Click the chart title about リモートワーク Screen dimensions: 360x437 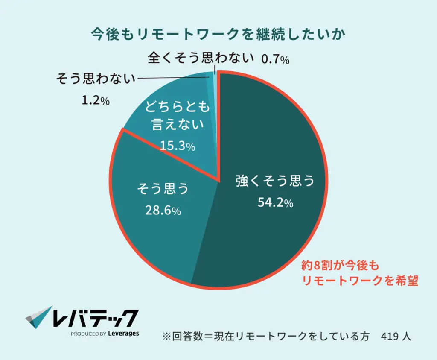218,34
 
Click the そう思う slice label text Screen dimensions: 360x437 163,188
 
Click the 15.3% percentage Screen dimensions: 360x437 178,146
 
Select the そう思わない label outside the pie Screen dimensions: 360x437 96,79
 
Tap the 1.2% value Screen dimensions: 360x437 95,101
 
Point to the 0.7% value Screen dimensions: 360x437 275,59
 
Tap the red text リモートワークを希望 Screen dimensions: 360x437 360,281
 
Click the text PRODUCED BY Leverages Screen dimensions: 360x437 105,334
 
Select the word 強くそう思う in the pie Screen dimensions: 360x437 275,181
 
